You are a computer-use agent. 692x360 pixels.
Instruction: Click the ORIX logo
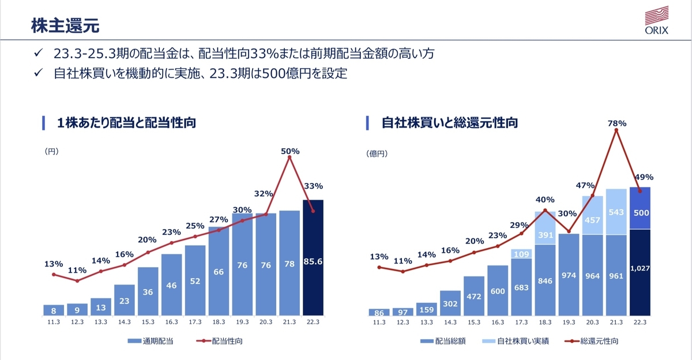point(656,20)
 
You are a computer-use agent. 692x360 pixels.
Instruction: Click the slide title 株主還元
point(65,25)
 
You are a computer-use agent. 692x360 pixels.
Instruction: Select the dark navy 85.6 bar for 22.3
point(313,258)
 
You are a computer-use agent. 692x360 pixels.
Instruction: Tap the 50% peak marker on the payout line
point(289,157)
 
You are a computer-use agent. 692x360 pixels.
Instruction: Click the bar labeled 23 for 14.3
point(124,300)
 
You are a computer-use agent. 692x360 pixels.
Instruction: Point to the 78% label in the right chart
point(617,123)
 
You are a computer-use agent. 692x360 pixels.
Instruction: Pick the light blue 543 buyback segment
point(616,212)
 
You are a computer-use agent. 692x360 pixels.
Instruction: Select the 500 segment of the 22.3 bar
point(640,208)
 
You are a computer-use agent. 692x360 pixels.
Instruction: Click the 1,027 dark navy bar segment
point(640,272)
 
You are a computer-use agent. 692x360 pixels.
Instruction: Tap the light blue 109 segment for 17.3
point(521,254)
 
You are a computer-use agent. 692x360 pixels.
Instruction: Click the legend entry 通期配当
point(151,341)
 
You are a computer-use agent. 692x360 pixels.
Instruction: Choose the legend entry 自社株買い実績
point(516,341)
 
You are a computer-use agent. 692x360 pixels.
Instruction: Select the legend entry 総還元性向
point(591,341)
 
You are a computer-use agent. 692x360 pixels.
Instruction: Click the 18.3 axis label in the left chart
point(219,322)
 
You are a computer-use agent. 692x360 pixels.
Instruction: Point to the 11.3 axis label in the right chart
point(379,322)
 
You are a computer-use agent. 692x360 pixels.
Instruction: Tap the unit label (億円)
point(377,153)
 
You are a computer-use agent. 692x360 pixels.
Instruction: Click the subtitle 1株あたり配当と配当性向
point(126,123)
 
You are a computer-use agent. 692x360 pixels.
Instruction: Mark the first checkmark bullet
point(38,53)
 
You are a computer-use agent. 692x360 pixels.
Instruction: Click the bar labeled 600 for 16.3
point(498,290)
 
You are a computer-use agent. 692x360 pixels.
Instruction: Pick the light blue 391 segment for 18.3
point(546,228)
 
